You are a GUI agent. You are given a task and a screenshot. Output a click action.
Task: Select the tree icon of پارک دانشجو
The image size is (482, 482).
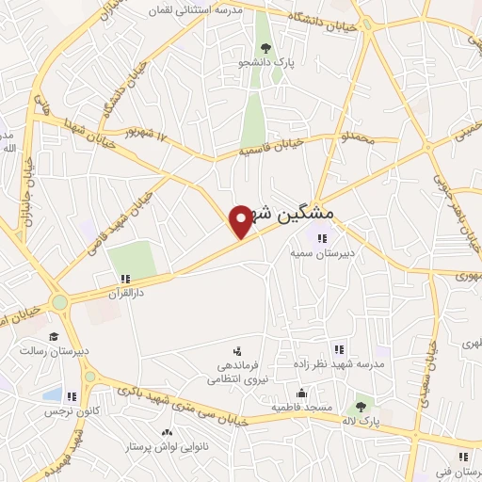pyautogui.click(x=266, y=49)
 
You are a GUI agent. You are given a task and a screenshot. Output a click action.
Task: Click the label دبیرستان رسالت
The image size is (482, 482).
pyautogui.click(x=55, y=350)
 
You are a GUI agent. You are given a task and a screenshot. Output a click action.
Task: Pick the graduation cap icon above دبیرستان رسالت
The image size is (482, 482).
pyautogui.click(x=54, y=336)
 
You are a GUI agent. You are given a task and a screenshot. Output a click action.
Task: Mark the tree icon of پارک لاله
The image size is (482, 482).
pyautogui.click(x=359, y=407)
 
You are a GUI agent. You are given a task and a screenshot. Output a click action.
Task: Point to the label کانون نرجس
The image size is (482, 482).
pyautogui.click(x=69, y=411)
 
